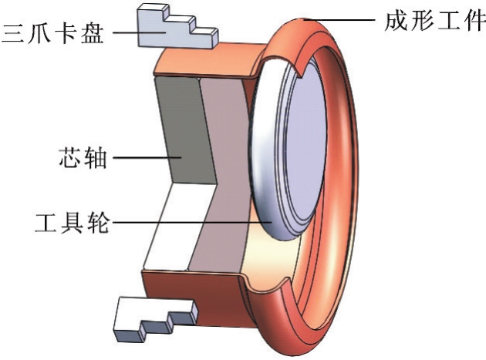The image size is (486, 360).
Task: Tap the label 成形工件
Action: [434, 18]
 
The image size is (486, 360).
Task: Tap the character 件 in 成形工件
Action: [471, 18]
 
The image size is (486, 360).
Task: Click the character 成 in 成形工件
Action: [396, 18]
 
